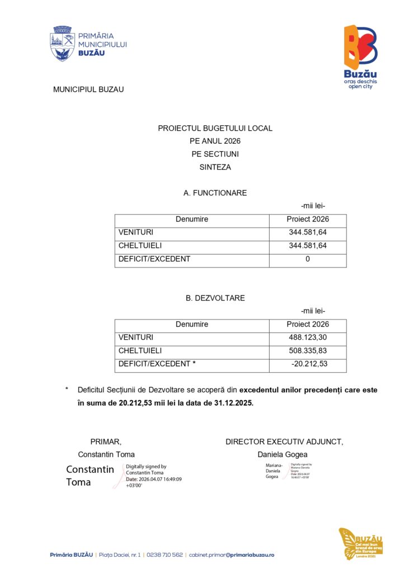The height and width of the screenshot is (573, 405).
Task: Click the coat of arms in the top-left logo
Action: tap(62, 43)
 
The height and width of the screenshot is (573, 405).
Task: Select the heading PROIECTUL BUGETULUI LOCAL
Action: tap(215, 128)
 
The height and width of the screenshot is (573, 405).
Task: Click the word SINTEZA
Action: tap(215, 167)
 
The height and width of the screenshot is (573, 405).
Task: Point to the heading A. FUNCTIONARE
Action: tap(215, 193)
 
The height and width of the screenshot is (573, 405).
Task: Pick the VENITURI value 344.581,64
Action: tap(308, 232)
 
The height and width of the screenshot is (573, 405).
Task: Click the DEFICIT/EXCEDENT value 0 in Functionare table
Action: tap(308, 259)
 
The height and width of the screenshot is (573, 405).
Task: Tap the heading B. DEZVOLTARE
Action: tap(215, 298)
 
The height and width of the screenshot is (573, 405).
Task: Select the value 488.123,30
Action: tap(308, 337)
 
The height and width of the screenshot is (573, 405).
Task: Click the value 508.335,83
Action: tap(308, 351)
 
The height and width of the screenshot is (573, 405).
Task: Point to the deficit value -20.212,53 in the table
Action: tap(309, 364)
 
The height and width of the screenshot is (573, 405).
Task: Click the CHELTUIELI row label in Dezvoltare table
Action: tap(140, 351)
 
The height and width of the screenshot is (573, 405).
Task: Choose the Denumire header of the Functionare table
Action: tap(192, 219)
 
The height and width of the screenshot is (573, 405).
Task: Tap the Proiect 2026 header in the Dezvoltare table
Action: tap(308, 324)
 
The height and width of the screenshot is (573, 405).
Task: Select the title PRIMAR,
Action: tap(106, 442)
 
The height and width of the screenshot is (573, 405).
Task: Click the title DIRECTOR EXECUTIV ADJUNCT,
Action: tap(284, 442)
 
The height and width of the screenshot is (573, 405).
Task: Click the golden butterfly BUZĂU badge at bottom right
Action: tap(360, 543)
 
